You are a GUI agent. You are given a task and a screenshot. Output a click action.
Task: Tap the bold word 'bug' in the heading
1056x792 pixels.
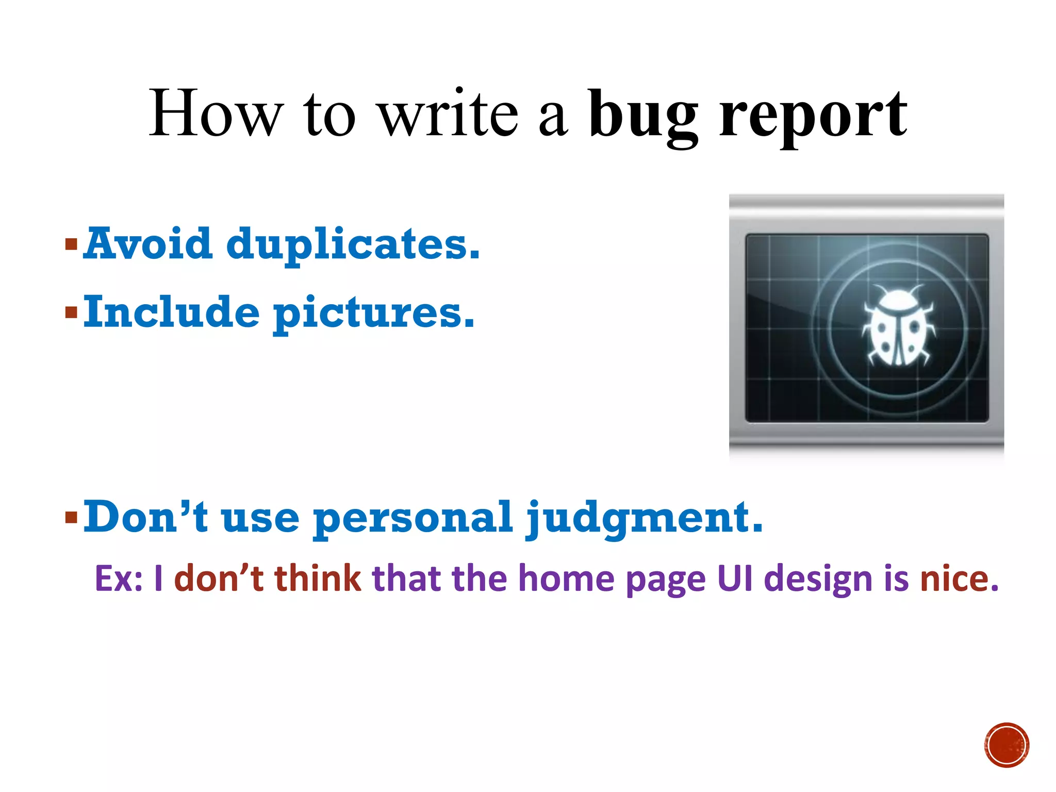[642, 116]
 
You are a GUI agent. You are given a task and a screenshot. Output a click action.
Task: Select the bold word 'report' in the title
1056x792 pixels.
[813, 116]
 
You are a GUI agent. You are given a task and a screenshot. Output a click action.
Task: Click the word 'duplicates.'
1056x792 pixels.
[353, 244]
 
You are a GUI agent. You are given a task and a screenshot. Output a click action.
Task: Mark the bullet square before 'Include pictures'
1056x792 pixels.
[71, 312]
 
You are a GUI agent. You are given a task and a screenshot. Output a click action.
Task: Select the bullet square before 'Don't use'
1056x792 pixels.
[71, 517]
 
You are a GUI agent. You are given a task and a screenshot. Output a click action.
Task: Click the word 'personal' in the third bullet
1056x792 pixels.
[413, 518]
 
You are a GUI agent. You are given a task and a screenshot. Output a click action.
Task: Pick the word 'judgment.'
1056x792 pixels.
[644, 518]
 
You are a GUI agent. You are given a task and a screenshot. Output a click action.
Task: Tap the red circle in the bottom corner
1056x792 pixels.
[1006, 745]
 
